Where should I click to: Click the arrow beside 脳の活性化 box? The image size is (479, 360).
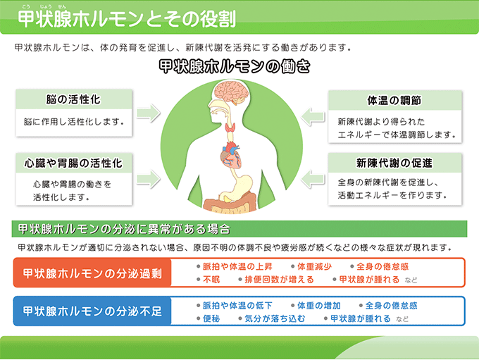point(149,113)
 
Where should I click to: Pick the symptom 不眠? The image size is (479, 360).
point(211,280)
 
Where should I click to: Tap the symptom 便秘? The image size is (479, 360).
point(211,318)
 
